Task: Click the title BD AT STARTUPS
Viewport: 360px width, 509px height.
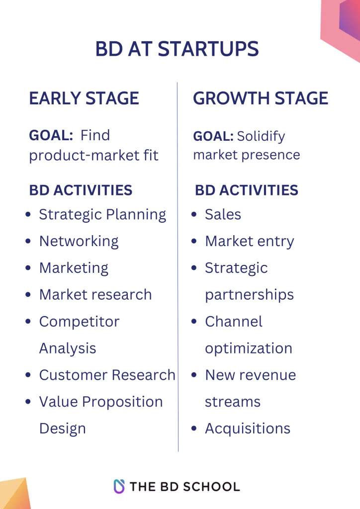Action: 177,49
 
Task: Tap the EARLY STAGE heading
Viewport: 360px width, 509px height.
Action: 84,98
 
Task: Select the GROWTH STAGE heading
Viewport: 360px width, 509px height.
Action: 261,98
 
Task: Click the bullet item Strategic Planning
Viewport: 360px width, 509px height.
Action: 102,214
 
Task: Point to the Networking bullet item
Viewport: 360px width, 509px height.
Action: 79,241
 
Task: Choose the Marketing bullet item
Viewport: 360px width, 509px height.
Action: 74,268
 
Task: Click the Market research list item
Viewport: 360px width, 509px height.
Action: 95,294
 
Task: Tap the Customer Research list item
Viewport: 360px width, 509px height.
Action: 107,375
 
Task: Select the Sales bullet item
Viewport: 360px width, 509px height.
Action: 223,214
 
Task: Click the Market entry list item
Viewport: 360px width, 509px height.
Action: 249,241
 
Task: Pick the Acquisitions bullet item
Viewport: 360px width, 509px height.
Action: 248,428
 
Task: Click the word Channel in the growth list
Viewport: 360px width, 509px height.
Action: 233,322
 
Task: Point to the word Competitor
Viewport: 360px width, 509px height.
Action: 79,322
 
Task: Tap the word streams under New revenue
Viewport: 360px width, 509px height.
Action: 232,402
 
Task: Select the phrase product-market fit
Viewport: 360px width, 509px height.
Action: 93,155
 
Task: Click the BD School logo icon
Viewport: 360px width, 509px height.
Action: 119,486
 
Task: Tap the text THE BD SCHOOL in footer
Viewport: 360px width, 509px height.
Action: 184,486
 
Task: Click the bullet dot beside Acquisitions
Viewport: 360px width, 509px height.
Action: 194,428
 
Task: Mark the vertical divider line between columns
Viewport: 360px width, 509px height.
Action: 178,268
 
